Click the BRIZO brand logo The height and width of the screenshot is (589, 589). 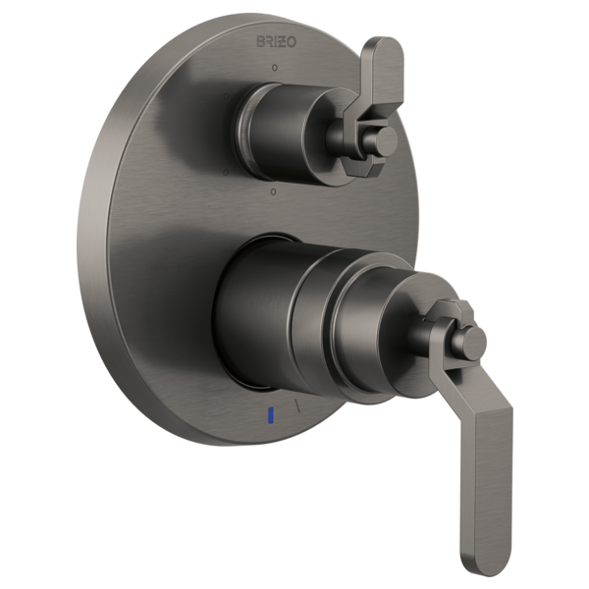(274, 42)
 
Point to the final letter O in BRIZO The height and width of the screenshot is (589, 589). (290, 42)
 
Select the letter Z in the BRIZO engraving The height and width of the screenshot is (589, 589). (281, 42)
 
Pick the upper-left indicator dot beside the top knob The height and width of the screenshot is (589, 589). (228, 95)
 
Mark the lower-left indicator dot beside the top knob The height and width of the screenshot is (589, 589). (227, 173)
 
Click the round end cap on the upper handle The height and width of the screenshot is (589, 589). (386, 140)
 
